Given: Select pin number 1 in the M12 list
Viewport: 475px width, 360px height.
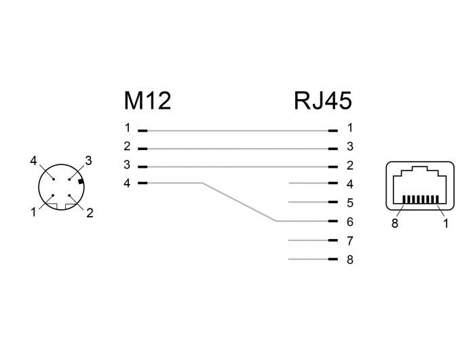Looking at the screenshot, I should tap(127, 128).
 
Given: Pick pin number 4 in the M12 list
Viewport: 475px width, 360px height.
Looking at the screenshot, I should tap(127, 183).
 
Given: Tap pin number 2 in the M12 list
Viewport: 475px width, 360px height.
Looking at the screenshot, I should tap(127, 146).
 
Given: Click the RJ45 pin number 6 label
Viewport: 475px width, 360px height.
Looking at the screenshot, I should tap(350, 221).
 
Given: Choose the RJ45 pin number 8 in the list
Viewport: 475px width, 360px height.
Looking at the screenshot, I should tap(350, 259).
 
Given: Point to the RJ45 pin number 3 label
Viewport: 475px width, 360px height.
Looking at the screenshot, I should tap(350, 146).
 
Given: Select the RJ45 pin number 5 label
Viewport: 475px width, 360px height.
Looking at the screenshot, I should tap(350, 202).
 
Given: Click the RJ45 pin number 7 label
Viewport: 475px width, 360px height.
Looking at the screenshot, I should tap(350, 240).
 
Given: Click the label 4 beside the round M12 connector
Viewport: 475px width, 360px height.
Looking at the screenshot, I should tap(33, 161).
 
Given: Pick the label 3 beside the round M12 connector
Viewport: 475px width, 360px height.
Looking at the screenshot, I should tap(88, 161).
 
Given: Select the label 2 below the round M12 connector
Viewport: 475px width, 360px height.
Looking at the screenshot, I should tap(90, 213).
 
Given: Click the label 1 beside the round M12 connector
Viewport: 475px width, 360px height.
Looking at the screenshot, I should tap(33, 213).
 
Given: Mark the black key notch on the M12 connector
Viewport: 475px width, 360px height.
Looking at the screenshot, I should tap(81, 181).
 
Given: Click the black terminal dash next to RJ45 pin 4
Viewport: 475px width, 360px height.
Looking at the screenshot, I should tap(332, 183).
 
